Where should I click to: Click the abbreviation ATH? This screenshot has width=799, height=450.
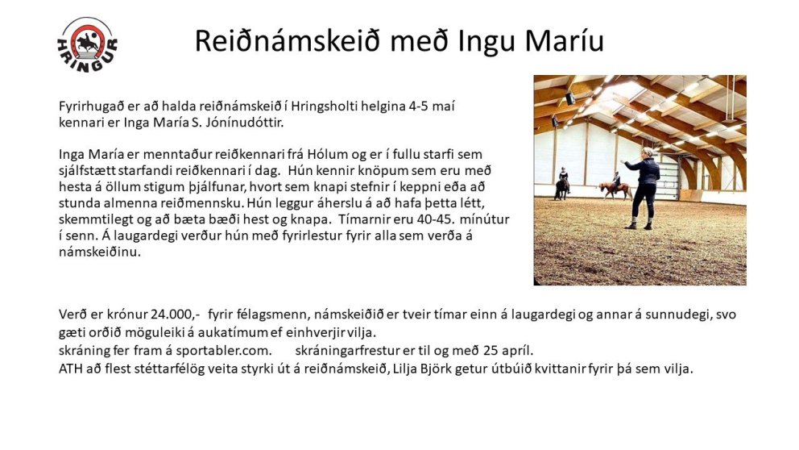point(72,369)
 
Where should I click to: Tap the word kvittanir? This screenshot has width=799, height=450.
point(547,369)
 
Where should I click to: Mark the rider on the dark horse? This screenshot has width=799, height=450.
point(563,178)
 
